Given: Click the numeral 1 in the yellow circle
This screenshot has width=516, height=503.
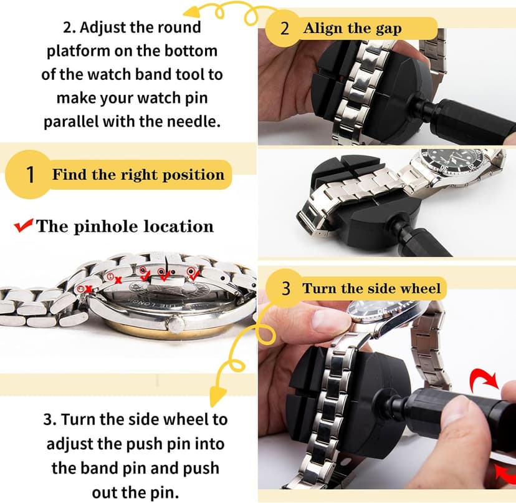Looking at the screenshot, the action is pos(30,174).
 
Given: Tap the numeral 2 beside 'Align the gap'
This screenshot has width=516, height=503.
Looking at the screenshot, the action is pos(285,28).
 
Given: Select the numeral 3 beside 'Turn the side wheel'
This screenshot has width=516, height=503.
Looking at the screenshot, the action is pos(286,288).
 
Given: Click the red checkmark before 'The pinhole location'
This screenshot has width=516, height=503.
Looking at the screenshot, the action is pos(23,225).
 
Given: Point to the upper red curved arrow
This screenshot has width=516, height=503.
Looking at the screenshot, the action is pos(483,379).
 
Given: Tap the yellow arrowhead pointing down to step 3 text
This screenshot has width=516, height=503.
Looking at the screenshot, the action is pos(218,396).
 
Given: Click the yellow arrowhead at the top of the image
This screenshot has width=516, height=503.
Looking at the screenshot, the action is pos(193,12).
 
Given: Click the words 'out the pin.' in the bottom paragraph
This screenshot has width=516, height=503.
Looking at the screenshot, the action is pos(135,493).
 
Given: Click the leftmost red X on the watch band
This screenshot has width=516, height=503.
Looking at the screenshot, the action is pos(88,289).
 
